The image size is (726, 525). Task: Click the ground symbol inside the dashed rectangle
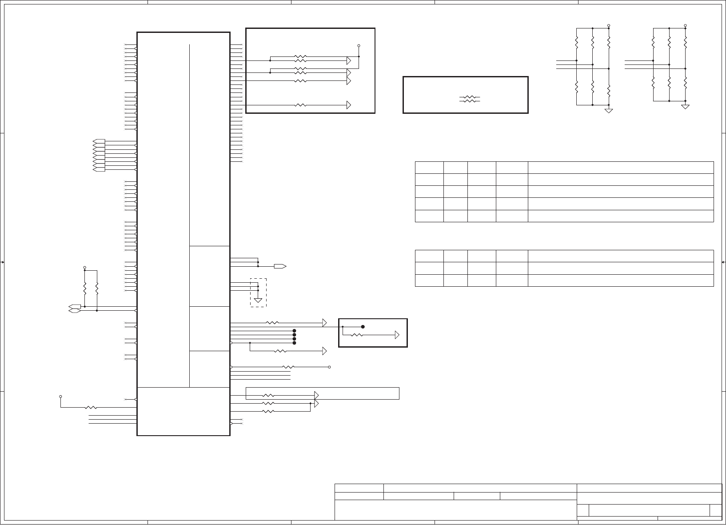[x=258, y=300]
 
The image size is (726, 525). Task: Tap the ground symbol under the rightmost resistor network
[x=685, y=107]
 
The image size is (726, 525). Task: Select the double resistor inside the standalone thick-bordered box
[x=470, y=99]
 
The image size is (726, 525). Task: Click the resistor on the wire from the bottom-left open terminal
[x=91, y=407]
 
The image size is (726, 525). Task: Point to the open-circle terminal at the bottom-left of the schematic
[x=60, y=396]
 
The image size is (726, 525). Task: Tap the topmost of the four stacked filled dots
[x=294, y=331]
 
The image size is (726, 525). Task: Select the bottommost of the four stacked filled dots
[x=294, y=343]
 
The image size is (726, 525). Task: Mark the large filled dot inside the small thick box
[x=363, y=327]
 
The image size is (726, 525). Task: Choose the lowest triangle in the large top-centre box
[x=349, y=105]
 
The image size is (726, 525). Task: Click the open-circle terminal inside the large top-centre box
[x=359, y=46]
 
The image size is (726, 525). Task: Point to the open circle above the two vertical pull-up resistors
[x=84, y=268]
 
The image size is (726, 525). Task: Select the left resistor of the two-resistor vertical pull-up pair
[x=84, y=289]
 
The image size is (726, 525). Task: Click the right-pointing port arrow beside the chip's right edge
[x=280, y=266]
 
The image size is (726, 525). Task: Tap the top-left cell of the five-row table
[x=429, y=168]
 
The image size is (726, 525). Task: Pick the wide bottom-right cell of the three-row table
[x=620, y=281]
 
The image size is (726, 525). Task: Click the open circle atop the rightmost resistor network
[x=685, y=25]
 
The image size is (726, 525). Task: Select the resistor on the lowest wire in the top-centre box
[x=300, y=105]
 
